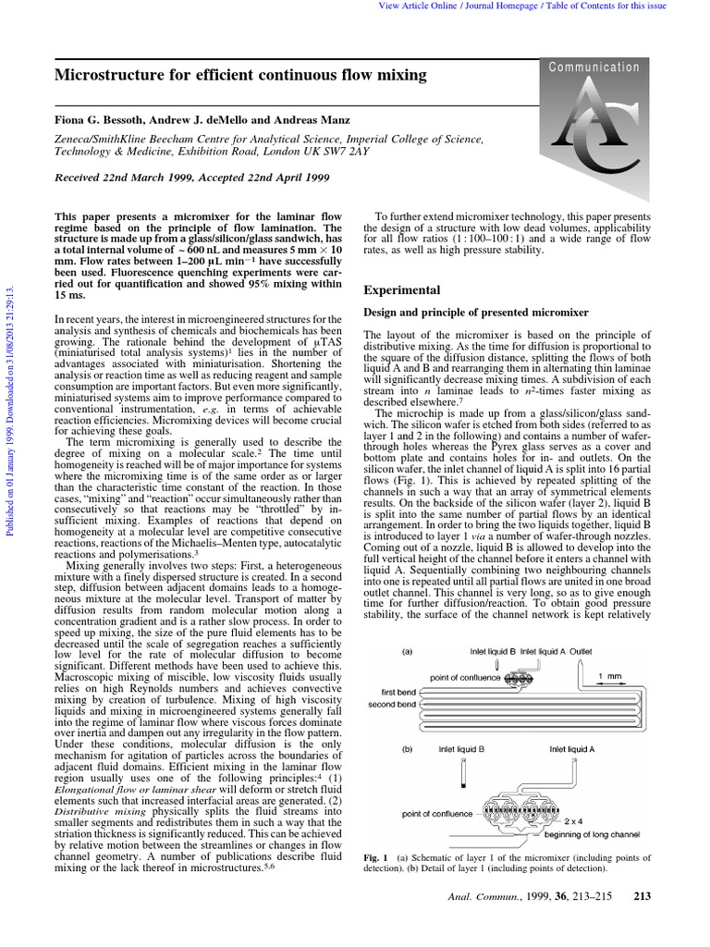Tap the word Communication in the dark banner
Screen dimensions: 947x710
click(x=594, y=67)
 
